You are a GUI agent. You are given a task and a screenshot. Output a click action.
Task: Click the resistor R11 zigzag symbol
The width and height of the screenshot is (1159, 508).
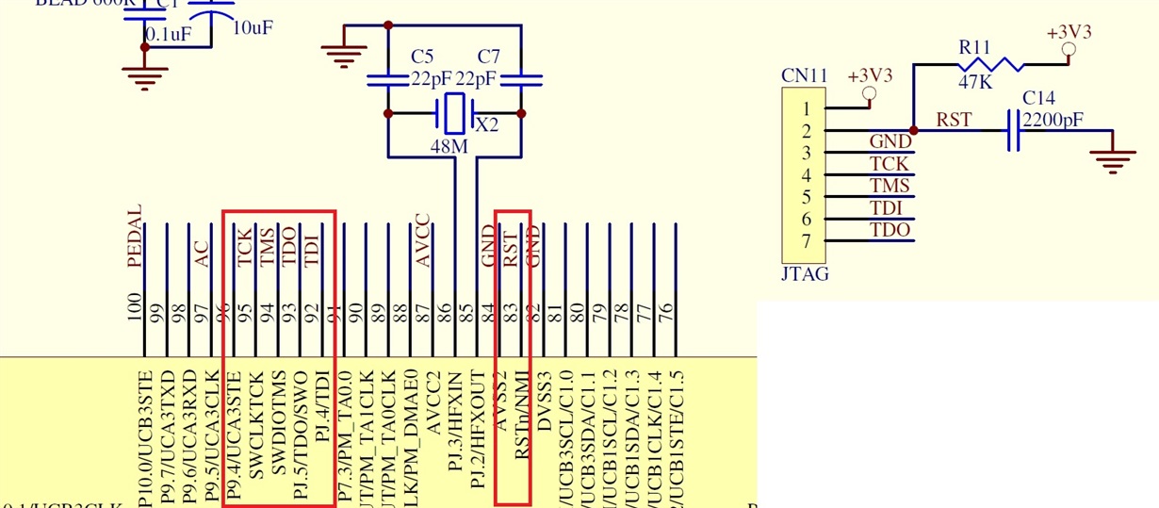pyautogui.click(x=989, y=65)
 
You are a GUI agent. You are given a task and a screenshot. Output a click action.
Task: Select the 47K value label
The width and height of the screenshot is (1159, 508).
pyautogui.click(x=975, y=83)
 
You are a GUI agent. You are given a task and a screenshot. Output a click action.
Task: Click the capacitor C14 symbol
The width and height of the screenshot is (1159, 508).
pyautogui.click(x=1013, y=130)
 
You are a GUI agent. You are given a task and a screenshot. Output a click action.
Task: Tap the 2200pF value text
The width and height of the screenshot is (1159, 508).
pyautogui.click(x=1053, y=121)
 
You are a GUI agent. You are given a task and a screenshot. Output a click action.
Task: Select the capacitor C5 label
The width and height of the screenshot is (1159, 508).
pyautogui.click(x=422, y=56)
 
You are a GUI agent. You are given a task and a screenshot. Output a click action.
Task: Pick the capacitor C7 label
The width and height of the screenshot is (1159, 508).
pyautogui.click(x=489, y=56)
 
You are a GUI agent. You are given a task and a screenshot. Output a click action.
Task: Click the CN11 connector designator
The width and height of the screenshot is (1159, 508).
pyautogui.click(x=804, y=75)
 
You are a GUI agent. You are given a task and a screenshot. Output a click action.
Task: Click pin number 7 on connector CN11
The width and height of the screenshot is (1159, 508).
pyautogui.click(x=806, y=240)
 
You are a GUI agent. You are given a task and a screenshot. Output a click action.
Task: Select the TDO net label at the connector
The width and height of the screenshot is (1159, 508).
pyautogui.click(x=890, y=229)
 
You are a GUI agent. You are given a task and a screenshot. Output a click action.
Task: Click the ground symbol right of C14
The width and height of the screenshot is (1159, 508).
pyautogui.click(x=1114, y=161)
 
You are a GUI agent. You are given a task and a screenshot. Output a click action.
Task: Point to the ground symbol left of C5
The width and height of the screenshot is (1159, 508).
pyautogui.click(x=338, y=55)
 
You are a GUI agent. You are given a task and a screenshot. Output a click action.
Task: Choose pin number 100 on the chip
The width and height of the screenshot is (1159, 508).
pyautogui.click(x=135, y=308)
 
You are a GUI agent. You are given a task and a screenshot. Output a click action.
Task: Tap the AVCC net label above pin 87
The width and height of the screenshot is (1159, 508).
pyautogui.click(x=423, y=240)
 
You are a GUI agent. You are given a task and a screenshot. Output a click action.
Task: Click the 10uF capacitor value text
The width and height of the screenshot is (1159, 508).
pyautogui.click(x=253, y=28)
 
